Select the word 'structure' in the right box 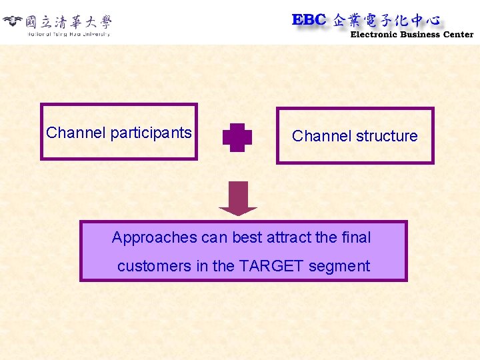(x=387, y=136)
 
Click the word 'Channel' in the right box (x=321, y=136)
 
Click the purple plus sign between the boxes (x=237, y=137)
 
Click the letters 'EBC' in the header (x=309, y=20)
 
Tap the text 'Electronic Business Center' (x=411, y=35)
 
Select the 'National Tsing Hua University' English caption (x=68, y=34)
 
